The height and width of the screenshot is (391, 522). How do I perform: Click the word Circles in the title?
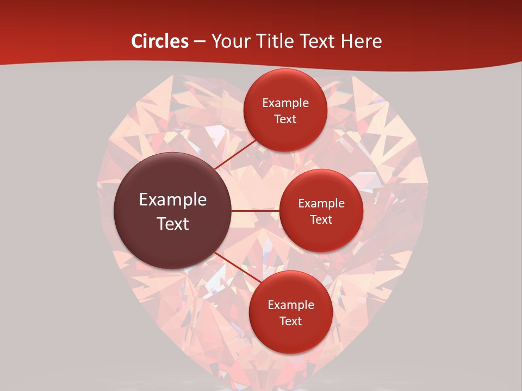coord(160,41)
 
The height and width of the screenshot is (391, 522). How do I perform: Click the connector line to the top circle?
coord(235,154)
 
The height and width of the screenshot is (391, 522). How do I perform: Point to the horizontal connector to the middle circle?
coord(256,211)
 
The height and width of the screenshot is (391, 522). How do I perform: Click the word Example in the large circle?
coord(173,200)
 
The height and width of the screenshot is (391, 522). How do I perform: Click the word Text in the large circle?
coord(173,224)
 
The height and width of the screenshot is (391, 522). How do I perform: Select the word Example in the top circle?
coord(285,103)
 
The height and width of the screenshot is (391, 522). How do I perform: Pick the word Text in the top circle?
coord(285,119)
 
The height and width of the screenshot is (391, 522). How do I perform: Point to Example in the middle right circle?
coord(321,204)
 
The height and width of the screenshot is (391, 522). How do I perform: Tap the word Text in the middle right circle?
coord(321,220)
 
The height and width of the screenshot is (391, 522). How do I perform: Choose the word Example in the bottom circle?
coord(291,305)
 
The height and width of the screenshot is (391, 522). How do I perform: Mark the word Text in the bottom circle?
coord(290,321)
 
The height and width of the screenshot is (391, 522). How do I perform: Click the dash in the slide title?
coord(200,41)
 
